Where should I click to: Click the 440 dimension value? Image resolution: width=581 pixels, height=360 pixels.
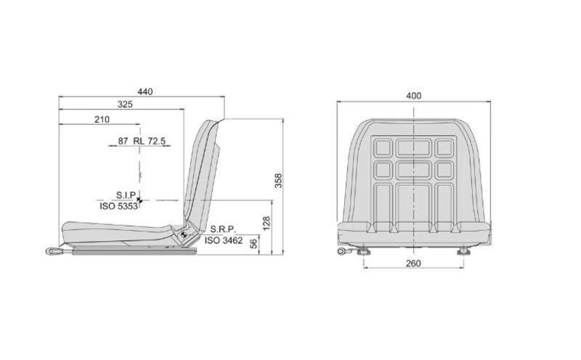point(145,91)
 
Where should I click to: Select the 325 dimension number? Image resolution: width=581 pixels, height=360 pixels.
point(125,105)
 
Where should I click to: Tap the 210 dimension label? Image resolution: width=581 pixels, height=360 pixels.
point(102,119)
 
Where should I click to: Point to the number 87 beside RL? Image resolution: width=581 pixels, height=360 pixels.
point(123,141)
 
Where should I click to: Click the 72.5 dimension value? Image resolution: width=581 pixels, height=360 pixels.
point(156,141)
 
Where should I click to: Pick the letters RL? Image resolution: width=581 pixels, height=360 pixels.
point(139,141)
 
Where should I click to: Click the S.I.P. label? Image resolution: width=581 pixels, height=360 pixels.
point(126,195)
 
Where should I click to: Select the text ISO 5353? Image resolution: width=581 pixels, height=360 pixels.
point(118,206)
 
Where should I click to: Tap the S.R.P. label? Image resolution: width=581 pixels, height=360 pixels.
point(223,229)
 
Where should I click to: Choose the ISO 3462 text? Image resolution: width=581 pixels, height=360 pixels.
point(224,240)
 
